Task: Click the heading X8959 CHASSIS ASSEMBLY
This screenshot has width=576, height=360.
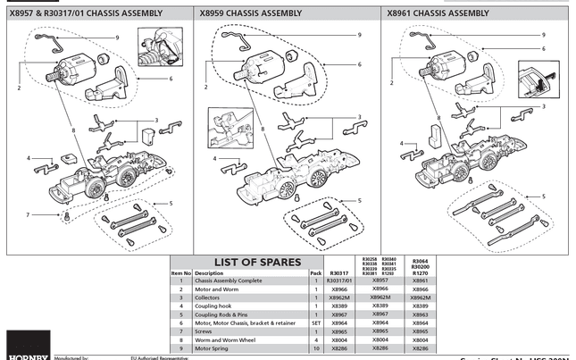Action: pyautogui.click(x=250, y=14)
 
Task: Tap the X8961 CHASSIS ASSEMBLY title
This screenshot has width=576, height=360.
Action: pyautogui.click(x=438, y=14)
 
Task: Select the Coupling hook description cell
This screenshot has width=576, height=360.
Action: pyautogui.click(x=214, y=306)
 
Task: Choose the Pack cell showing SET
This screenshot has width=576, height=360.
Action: pyautogui.click(x=315, y=322)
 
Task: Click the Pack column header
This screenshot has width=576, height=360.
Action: pyautogui.click(x=315, y=272)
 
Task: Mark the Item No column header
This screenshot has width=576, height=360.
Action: pyautogui.click(x=181, y=272)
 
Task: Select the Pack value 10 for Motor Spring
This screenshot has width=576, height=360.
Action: pyautogui.click(x=315, y=348)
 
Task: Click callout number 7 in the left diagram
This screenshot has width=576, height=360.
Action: pyautogui.click(x=29, y=215)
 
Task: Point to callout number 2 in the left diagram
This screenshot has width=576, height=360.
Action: pyautogui.click(x=18, y=88)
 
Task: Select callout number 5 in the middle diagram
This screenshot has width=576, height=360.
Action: pyautogui.click(x=360, y=200)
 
